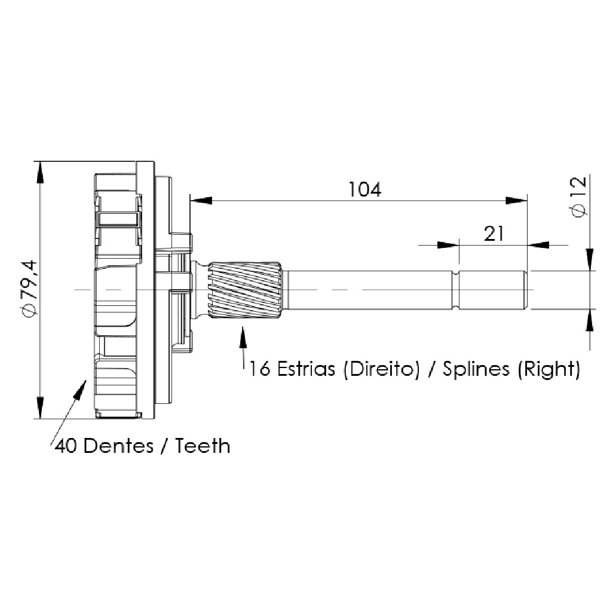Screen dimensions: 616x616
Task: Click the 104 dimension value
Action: tap(365, 190)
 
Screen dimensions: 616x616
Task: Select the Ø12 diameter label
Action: tap(580, 197)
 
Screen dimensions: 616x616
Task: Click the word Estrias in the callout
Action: tap(306, 369)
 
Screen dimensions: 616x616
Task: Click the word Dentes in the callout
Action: tap(118, 446)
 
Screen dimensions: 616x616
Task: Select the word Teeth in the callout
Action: tap(203, 446)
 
